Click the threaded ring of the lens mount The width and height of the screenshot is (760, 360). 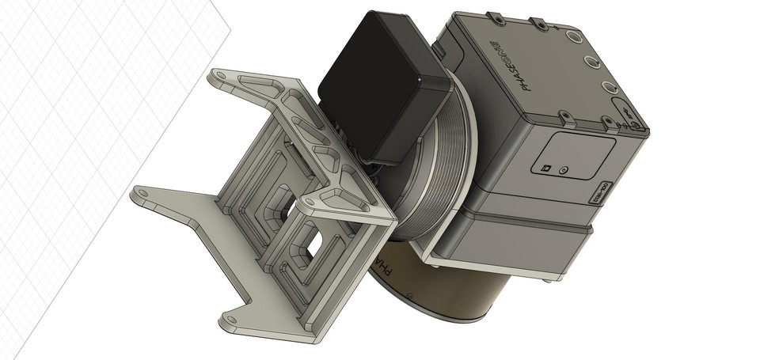click(x=431, y=166)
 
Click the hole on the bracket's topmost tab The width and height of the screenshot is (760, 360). click(x=221, y=76)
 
